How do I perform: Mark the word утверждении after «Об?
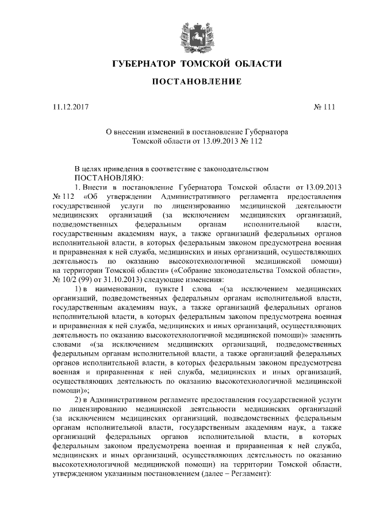pyautogui.click(x=126, y=197)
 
